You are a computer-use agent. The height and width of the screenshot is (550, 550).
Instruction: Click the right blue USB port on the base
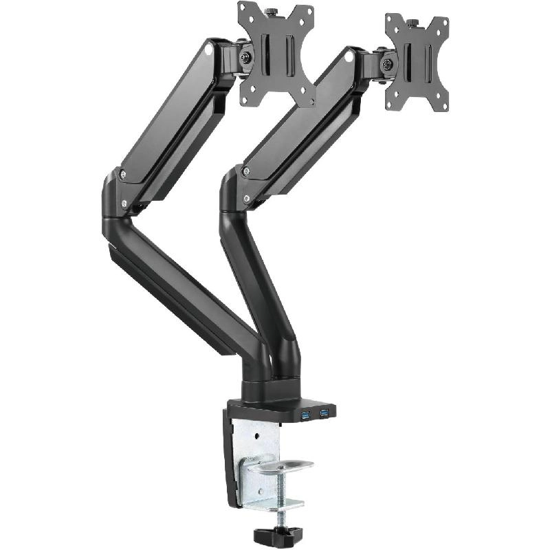[323, 413]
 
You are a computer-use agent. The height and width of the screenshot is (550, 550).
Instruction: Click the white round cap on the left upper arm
[208, 49]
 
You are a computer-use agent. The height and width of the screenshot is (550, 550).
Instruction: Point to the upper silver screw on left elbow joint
[122, 175]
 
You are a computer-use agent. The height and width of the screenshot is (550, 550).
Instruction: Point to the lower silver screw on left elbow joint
[124, 203]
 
